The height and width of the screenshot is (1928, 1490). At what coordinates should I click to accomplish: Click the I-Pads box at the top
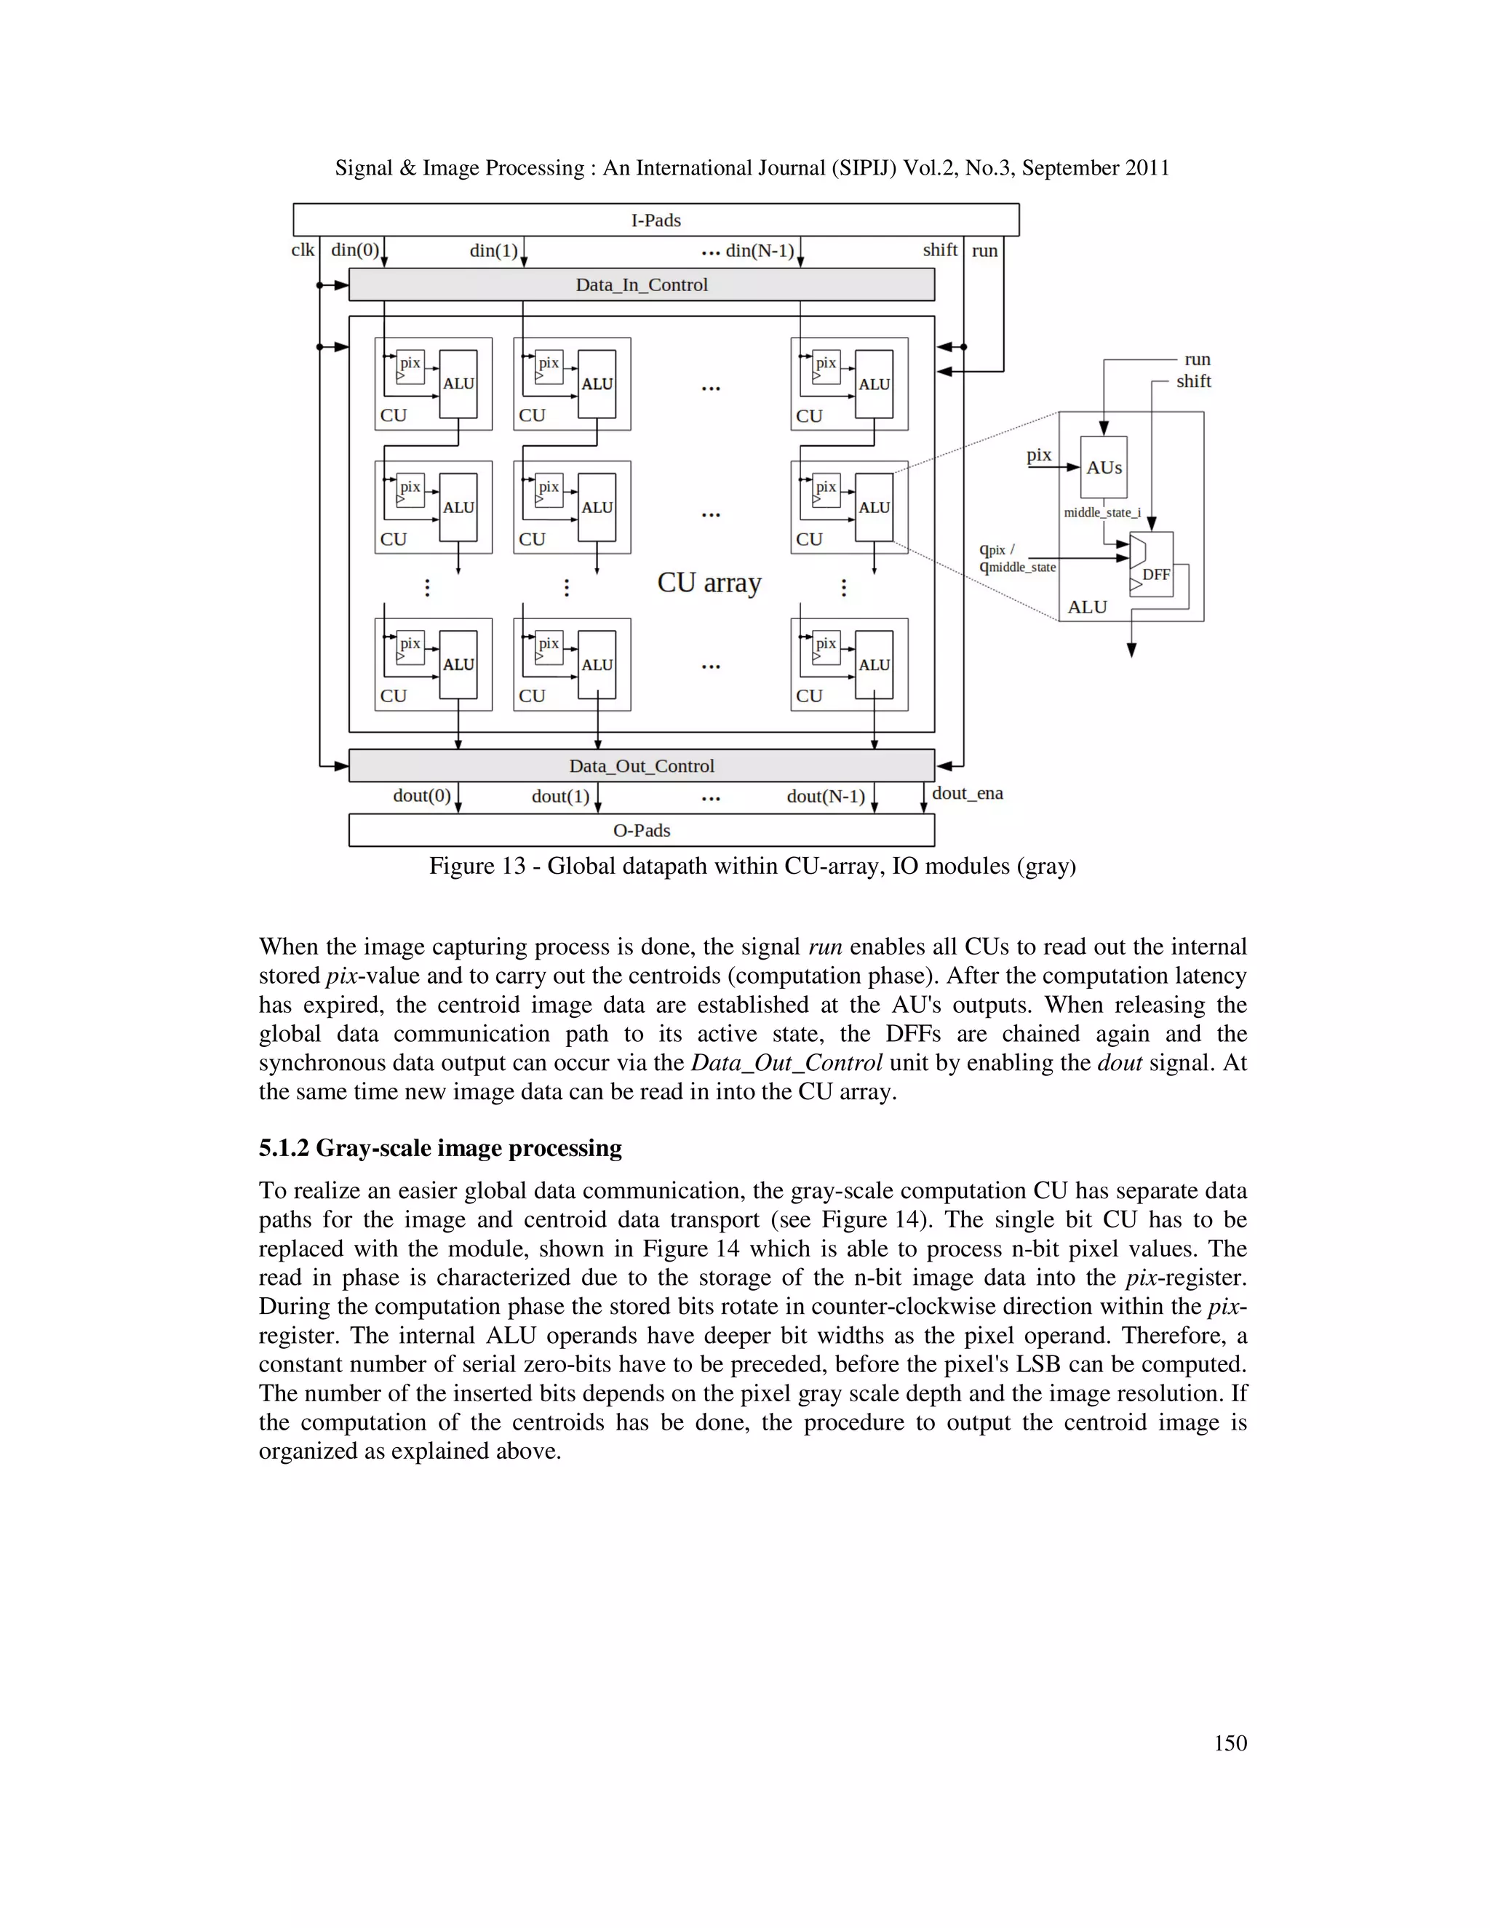pos(656,220)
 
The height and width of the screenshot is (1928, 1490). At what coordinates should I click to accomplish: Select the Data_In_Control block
pos(642,285)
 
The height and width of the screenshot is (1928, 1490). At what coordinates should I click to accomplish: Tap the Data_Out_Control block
pos(642,765)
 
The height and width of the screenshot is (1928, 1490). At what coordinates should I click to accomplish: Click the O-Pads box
pos(642,830)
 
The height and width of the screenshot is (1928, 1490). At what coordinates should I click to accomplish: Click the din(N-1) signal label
pos(759,251)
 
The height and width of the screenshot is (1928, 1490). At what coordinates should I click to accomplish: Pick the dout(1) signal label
pos(560,796)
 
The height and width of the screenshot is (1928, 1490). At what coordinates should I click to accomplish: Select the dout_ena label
pos(968,793)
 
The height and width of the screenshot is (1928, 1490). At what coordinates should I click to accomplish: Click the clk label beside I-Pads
pos(303,250)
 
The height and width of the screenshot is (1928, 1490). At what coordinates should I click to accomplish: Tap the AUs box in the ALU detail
pos(1104,467)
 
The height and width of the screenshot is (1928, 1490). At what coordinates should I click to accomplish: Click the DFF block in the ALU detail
pos(1155,574)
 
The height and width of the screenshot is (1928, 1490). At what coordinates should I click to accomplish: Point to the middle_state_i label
pos(1101,512)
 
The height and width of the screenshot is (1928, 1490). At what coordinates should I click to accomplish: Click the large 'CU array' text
pos(709,583)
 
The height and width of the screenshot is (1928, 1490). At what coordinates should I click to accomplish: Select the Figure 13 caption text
pos(752,866)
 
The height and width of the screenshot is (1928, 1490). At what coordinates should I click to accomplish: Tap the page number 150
pos(1230,1742)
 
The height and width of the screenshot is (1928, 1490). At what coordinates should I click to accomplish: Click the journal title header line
pos(752,168)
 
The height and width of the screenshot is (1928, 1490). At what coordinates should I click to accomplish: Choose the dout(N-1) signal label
pos(825,796)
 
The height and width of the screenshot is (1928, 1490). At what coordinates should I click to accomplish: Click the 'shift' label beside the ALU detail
pos(1193,381)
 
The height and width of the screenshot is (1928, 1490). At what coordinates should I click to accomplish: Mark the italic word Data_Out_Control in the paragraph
pos(786,1063)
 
